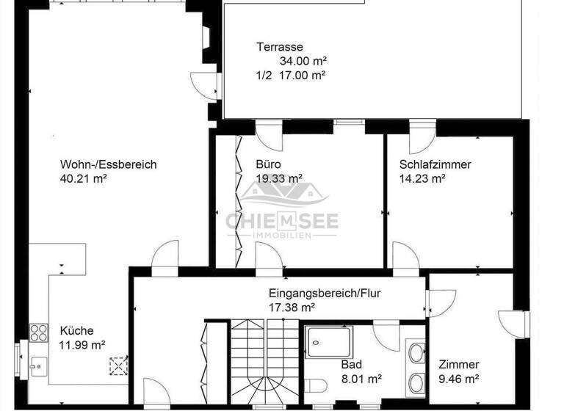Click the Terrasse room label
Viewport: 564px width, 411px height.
point(280,47)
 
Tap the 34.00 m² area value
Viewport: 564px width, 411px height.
point(303,61)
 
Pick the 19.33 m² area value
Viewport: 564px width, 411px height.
point(279,178)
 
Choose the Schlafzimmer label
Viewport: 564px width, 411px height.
point(435,164)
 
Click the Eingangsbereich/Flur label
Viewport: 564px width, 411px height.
point(324,292)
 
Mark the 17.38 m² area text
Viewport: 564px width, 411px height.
point(292,307)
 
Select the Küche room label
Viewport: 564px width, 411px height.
point(76,331)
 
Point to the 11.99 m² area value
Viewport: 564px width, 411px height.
point(82,345)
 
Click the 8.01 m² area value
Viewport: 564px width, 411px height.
point(361,379)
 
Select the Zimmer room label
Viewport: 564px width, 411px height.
point(459,365)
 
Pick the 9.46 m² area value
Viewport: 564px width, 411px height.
point(459,379)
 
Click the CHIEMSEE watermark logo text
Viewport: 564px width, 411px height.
point(281,220)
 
